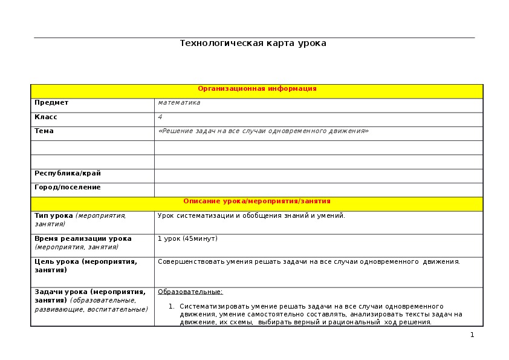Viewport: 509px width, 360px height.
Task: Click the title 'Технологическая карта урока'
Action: pos(253,44)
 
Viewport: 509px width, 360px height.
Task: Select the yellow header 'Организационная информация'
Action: pos(257,89)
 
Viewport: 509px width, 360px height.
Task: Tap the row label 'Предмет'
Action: pos(51,103)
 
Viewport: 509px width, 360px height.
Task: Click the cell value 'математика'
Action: pos(179,103)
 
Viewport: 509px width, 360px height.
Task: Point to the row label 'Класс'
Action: pos(46,117)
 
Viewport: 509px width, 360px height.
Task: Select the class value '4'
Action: pos(160,117)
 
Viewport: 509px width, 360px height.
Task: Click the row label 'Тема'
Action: pos(44,131)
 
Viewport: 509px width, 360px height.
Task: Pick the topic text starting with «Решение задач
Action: pos(263,131)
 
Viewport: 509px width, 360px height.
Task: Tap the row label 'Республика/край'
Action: pos(68,174)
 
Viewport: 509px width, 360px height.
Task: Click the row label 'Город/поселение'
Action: pos(68,188)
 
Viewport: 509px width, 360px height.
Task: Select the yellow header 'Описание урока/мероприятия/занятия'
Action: pos(257,201)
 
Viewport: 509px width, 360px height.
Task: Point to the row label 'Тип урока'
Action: pos(54,216)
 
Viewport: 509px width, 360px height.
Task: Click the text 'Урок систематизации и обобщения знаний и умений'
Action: pos(251,216)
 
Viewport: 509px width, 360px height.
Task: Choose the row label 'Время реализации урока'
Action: pos(83,239)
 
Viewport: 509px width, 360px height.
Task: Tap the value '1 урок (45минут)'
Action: pos(187,239)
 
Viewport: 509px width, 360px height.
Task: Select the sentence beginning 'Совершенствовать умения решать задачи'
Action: pos(309,262)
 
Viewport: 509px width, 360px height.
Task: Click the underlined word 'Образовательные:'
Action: pos(190,292)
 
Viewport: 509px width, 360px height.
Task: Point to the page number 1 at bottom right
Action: pos(472,335)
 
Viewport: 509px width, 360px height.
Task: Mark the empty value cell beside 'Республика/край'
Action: pos(319,176)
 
